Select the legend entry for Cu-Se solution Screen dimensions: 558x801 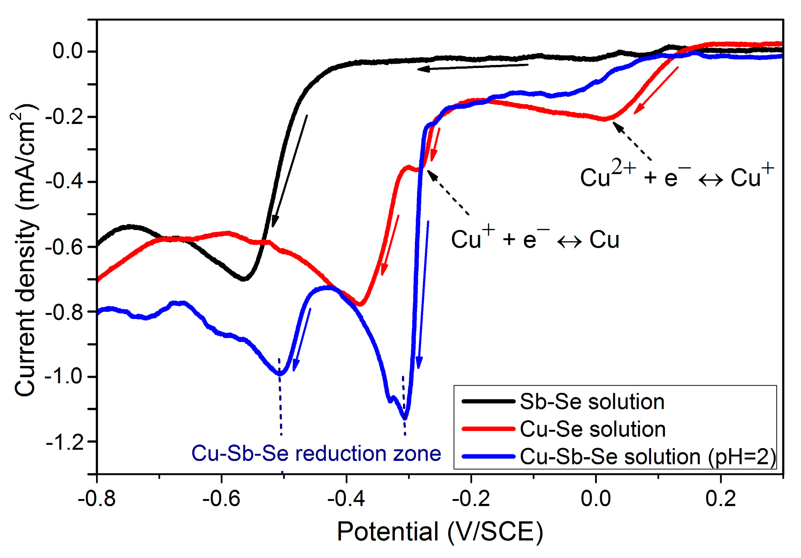[x=592, y=429]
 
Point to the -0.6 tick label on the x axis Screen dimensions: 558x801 [x=221, y=499]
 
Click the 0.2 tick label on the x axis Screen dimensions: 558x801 [x=720, y=499]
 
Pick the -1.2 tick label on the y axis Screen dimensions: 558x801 [x=64, y=442]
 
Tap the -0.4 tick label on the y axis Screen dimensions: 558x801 [x=64, y=182]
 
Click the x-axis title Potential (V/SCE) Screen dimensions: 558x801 [x=440, y=531]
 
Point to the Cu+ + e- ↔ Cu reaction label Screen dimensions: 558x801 [x=535, y=239]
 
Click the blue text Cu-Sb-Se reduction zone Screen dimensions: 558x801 [x=316, y=453]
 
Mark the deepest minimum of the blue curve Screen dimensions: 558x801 [x=405, y=418]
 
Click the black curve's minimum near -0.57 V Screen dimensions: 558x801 [x=244, y=279]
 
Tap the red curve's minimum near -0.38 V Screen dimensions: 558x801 [x=360, y=305]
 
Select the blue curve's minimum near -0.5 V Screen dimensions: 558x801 [x=280, y=373]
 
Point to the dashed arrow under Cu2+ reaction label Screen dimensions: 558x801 [x=632, y=142]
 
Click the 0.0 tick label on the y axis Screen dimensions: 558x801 [x=68, y=51]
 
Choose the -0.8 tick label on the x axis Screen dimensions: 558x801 [x=96, y=499]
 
